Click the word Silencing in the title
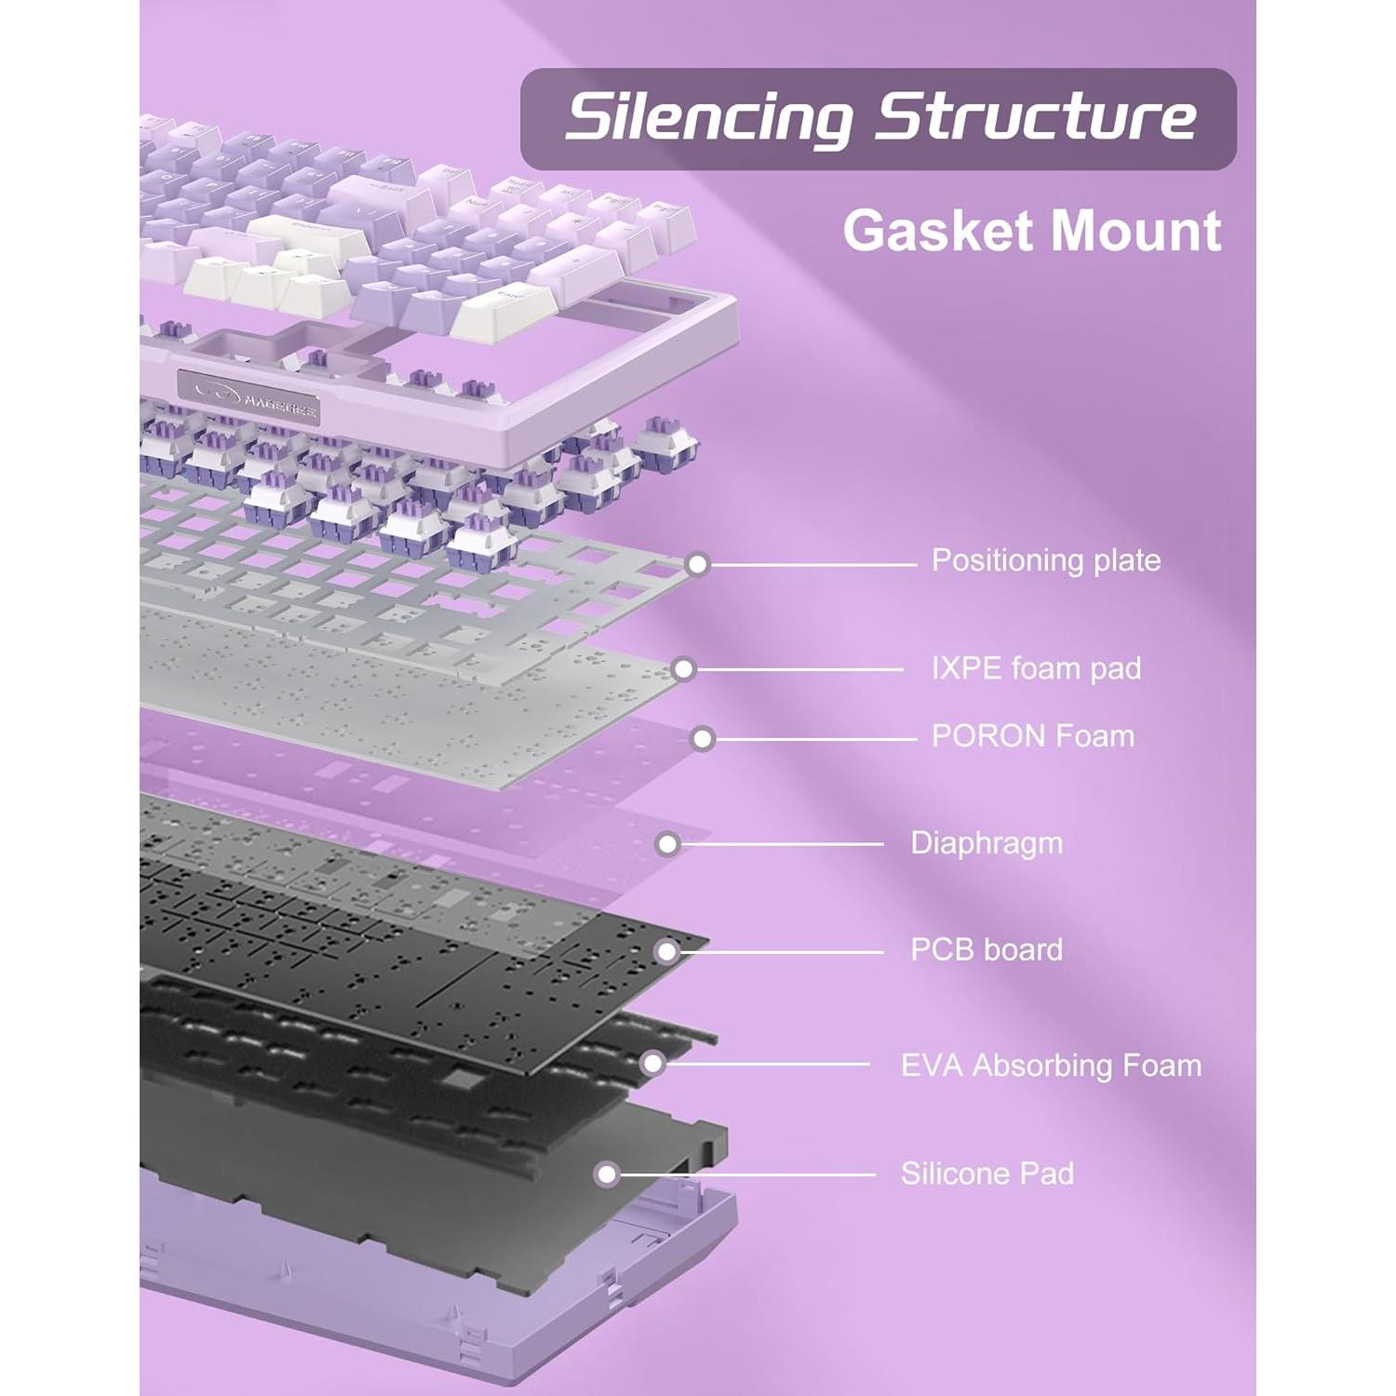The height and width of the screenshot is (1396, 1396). [x=708, y=118]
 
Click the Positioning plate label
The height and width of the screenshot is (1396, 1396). [x=1045, y=560]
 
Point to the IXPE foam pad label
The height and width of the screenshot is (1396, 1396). [x=1036, y=668]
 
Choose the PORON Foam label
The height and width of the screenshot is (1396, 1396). [x=1033, y=736]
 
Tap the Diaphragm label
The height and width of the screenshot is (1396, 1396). [x=986, y=843]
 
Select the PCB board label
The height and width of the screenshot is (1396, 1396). [x=986, y=949]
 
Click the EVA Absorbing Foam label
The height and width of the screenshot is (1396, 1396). [x=1051, y=1065]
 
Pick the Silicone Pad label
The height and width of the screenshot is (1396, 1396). [x=987, y=1173]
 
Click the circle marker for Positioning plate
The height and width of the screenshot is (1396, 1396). [x=697, y=564]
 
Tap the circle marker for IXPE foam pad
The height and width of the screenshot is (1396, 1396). [x=684, y=669]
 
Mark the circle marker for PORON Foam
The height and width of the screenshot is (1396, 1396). [x=703, y=739]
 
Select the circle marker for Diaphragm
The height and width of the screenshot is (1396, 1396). [x=666, y=844]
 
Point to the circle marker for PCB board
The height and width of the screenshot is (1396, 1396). [x=665, y=951]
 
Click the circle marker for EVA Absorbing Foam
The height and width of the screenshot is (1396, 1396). [x=653, y=1063]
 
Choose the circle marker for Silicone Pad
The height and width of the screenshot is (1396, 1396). [x=607, y=1175]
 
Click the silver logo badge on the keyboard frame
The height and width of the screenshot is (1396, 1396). [x=249, y=393]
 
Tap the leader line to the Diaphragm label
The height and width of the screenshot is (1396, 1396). [x=782, y=844]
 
